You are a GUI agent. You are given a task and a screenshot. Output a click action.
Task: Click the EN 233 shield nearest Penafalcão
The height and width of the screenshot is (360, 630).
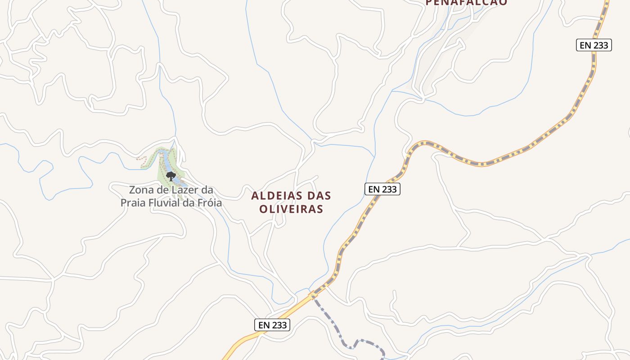click(x=594, y=45)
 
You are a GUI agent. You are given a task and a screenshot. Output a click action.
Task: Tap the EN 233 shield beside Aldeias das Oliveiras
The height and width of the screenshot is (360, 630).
click(x=382, y=189)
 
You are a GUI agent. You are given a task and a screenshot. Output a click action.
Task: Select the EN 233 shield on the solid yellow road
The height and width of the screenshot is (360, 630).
click(x=272, y=325)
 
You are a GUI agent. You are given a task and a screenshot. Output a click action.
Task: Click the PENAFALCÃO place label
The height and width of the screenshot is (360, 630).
click(x=466, y=2)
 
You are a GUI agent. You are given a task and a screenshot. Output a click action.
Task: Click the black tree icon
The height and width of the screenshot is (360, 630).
click(x=170, y=176)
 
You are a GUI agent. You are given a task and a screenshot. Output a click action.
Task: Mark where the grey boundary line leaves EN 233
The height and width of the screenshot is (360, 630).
click(x=311, y=295)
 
